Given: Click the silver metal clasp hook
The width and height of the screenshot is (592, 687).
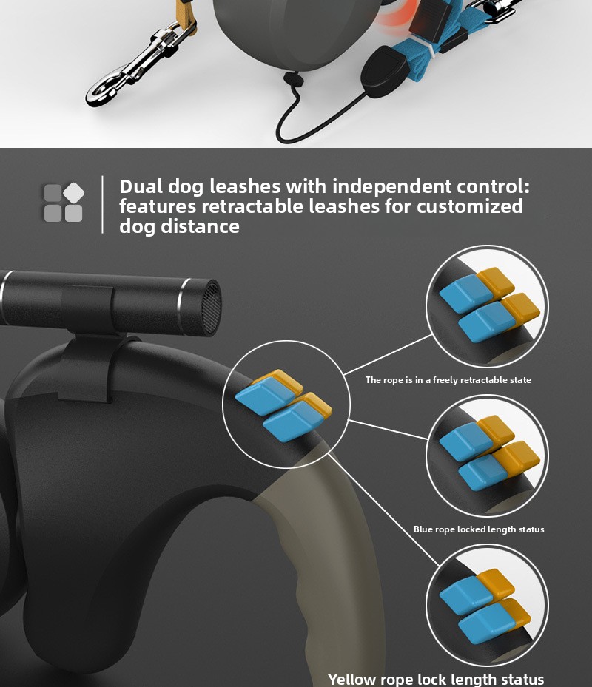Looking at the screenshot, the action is click(x=138, y=65).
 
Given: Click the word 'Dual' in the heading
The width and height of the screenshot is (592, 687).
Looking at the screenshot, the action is click(x=141, y=186).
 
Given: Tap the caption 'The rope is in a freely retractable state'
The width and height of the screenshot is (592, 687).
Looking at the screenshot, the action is click(x=448, y=380).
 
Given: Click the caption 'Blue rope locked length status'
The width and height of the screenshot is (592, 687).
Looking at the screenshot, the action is click(x=479, y=529).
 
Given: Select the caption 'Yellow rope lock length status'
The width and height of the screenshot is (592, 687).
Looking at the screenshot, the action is click(x=436, y=680).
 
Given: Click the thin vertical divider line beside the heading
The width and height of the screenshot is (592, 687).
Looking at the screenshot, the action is click(x=103, y=204).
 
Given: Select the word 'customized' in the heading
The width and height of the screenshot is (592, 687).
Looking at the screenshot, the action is click(x=470, y=206).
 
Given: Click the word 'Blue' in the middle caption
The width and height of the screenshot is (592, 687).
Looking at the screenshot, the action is click(x=423, y=529).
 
